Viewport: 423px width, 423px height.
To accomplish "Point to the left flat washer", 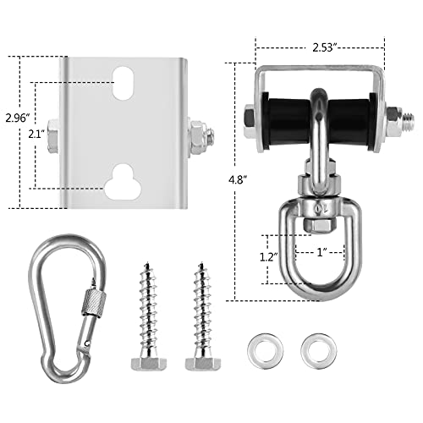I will point(258,349).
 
